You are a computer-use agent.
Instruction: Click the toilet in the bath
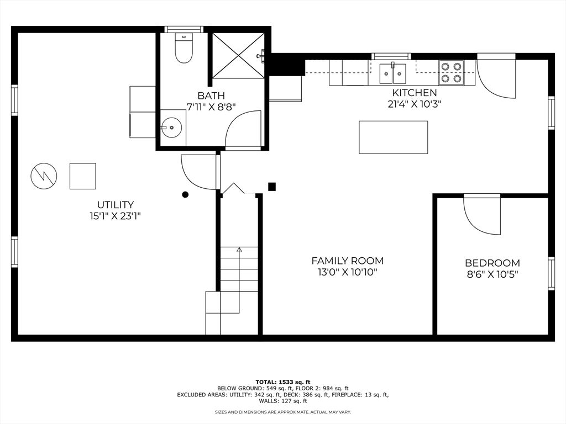click(184, 49)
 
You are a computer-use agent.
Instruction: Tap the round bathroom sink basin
click(172, 127)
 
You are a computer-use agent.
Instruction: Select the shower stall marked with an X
click(238, 55)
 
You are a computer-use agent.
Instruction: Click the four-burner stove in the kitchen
click(451, 72)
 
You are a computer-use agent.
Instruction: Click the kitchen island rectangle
click(393, 137)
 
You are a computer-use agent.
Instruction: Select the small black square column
click(272, 187)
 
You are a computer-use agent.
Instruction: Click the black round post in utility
click(185, 195)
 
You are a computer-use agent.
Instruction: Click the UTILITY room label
click(116, 205)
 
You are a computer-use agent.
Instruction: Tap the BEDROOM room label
click(492, 263)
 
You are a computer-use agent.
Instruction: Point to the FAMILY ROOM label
click(347, 261)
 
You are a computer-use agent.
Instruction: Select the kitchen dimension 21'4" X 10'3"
click(415, 104)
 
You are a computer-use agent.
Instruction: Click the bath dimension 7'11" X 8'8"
click(211, 107)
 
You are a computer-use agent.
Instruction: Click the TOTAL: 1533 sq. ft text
click(283, 382)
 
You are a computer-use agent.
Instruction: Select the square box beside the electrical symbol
click(83, 176)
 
